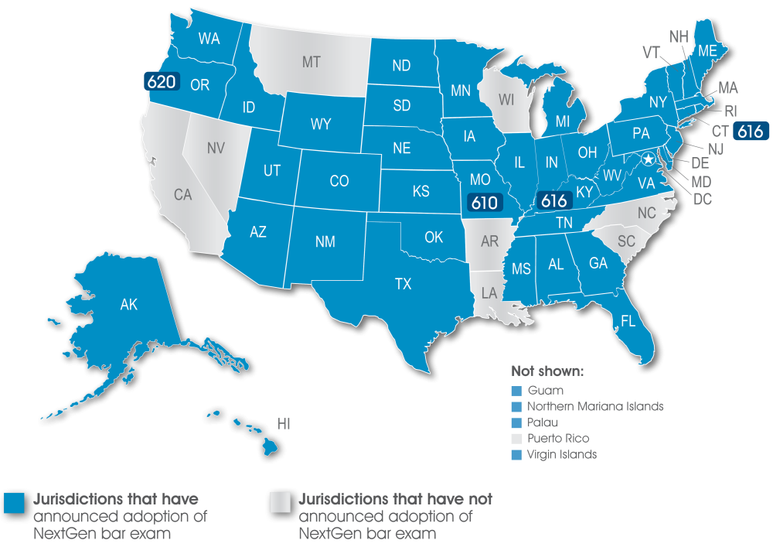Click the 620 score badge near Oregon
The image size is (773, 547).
point(162,81)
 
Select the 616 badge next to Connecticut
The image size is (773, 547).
point(750,132)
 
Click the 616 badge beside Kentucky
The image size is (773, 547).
point(554,200)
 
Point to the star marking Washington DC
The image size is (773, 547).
point(649,159)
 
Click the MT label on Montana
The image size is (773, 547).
point(311,63)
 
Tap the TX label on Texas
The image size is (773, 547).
point(403,284)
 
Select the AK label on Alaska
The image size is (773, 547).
point(128,305)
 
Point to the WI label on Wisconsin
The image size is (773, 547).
point(506,99)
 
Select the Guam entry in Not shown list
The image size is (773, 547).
point(545,391)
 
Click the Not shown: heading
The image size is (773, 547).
point(547,371)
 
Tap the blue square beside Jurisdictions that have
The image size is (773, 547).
point(15,502)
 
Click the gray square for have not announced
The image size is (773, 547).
point(280,502)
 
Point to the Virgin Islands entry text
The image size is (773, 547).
point(561,455)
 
